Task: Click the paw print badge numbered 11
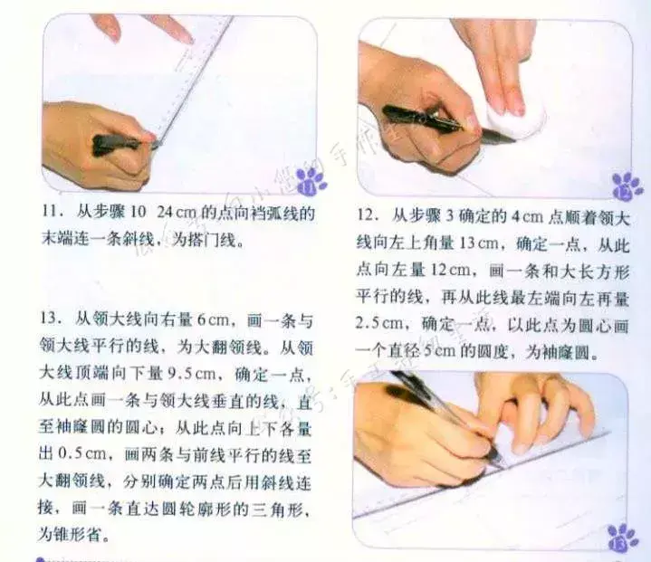[x=311, y=182]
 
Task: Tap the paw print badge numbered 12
[x=627, y=186]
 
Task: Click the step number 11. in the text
[x=53, y=212]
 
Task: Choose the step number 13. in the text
[x=51, y=319]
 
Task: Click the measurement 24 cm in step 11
[x=177, y=213]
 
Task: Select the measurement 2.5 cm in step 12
[x=378, y=324]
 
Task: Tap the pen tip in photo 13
[x=500, y=461]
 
